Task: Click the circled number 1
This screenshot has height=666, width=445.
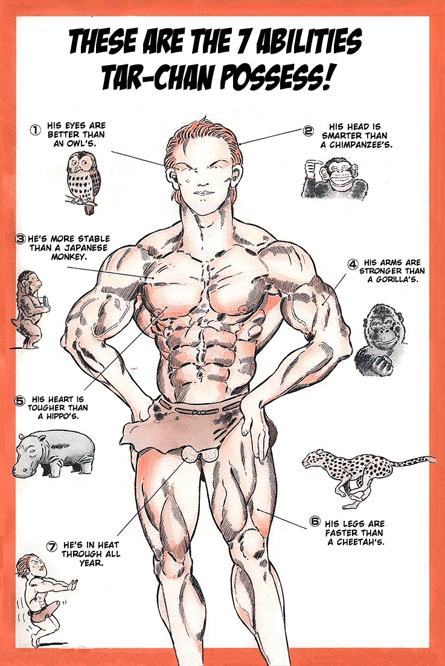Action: [x=34, y=130]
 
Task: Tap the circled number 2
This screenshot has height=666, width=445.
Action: [x=307, y=131]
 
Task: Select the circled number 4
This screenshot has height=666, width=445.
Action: [x=353, y=264]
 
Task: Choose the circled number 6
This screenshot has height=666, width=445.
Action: [x=315, y=521]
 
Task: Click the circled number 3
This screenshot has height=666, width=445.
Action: [x=20, y=239]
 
